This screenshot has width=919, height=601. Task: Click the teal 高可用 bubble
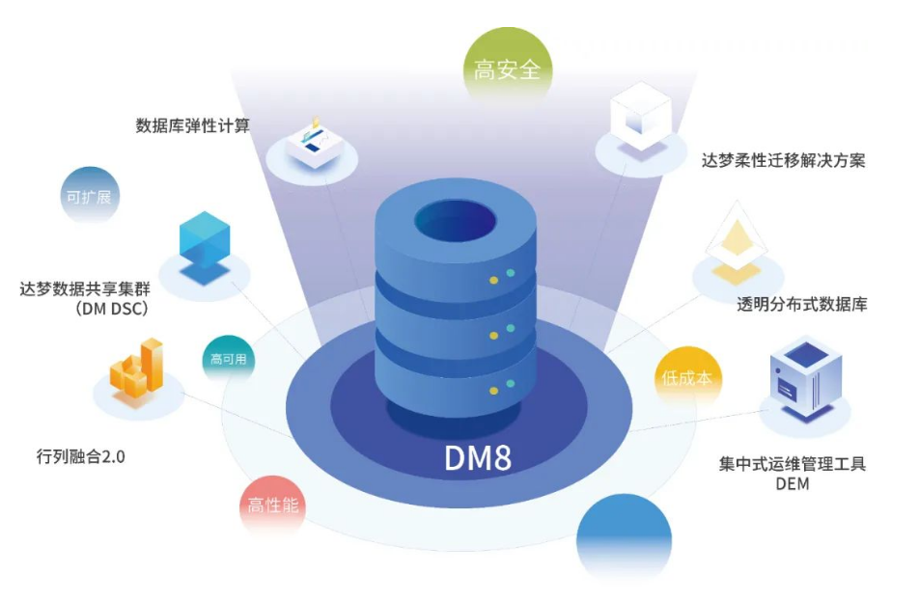coord(229,359)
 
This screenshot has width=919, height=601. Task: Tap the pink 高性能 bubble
coord(273,505)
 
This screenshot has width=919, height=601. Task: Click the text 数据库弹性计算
coord(193,125)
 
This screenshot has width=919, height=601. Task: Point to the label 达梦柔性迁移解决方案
coord(783,160)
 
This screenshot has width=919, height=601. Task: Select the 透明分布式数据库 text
coord(802,305)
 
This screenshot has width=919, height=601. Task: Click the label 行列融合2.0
coord(80,456)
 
